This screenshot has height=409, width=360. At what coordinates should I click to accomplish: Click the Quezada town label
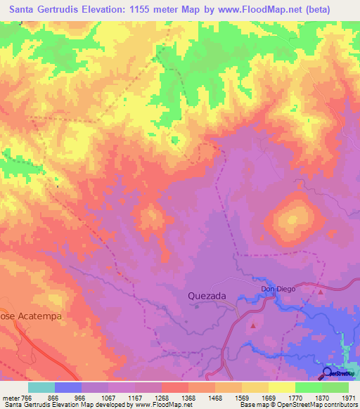(x=207, y=296)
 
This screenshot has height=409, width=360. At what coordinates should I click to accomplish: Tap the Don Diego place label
(x=278, y=289)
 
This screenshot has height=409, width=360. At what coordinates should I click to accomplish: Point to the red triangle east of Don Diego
(x=320, y=290)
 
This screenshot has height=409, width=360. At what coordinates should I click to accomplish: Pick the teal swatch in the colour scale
(x=41, y=387)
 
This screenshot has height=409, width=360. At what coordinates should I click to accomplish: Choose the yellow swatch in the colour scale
(x=281, y=387)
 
